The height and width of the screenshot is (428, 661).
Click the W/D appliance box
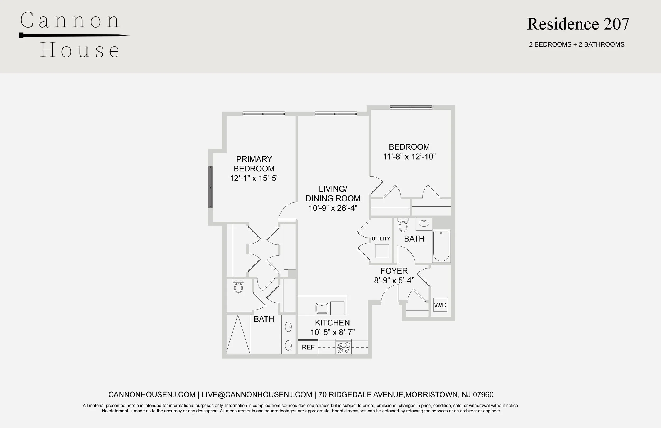tap(440, 305)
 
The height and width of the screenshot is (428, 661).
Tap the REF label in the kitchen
tap(308, 347)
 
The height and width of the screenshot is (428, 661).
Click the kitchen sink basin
tap(322, 308)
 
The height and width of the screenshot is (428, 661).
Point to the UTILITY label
tap(381, 239)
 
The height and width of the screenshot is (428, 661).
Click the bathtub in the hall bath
tap(441, 246)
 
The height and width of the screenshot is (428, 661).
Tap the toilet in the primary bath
tap(238, 286)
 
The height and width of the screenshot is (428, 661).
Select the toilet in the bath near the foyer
tap(403, 225)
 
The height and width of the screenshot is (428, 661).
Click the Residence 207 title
tap(578, 24)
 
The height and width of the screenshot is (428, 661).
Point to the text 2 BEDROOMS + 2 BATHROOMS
tap(577, 44)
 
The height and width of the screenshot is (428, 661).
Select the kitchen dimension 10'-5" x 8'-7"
tap(332, 332)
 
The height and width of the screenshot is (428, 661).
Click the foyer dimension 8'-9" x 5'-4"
tap(394, 280)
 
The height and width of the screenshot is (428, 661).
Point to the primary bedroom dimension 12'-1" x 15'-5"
tap(254, 178)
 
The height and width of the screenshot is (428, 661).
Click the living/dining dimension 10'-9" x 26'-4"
tap(333, 208)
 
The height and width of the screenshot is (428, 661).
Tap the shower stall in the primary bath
tap(238, 334)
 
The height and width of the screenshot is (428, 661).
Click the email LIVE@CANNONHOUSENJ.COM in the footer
tap(257, 395)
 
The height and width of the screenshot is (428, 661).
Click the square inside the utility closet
tap(382, 251)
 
